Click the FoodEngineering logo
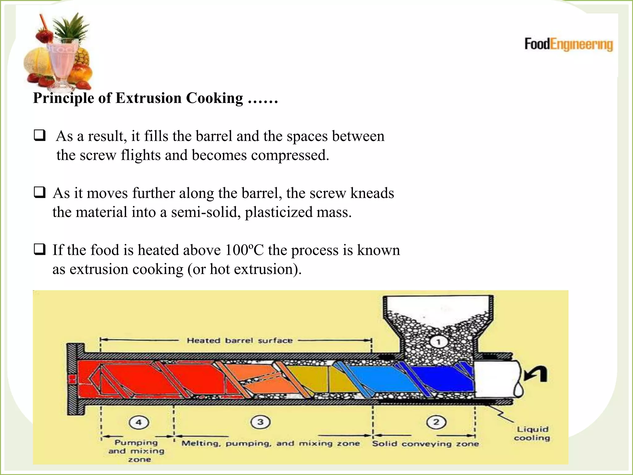pos(568,44)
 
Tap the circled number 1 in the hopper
pos(438,342)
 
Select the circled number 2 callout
pos(436,422)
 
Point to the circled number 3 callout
pos(261,422)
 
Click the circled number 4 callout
pos(139,422)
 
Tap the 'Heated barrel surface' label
pos(240,340)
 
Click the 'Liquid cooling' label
pos(532,434)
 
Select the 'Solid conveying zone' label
pos(425,444)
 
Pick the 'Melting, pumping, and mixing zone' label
pos(271,443)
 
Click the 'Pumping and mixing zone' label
pos(136,451)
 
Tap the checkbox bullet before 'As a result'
pos(40,135)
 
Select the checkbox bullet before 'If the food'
pos(40,249)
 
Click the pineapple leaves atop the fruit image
pos(71,26)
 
